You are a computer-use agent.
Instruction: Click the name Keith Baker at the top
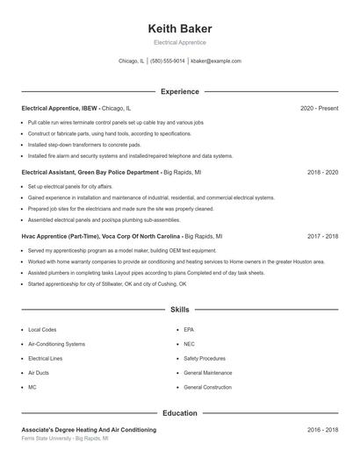(x=179, y=28)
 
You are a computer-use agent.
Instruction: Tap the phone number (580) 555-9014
(x=167, y=61)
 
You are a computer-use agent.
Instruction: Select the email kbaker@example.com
(x=216, y=61)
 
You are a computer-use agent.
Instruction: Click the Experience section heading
(x=179, y=91)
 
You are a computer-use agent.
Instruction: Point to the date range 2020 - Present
(x=319, y=108)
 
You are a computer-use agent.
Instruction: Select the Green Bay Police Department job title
(x=90, y=173)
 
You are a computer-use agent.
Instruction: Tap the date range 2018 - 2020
(x=322, y=173)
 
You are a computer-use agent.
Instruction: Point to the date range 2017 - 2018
(x=322, y=237)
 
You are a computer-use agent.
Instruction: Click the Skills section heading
(x=179, y=310)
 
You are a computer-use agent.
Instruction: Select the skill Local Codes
(x=42, y=330)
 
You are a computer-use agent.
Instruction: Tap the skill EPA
(x=189, y=330)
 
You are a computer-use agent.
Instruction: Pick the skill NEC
(x=190, y=344)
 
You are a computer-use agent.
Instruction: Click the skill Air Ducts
(x=40, y=373)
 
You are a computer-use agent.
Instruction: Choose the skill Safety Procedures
(x=205, y=359)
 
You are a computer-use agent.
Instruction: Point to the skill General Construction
(x=207, y=387)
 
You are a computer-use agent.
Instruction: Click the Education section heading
(x=179, y=412)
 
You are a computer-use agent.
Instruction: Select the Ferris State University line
(x=64, y=437)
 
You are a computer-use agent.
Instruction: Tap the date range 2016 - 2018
(x=322, y=430)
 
